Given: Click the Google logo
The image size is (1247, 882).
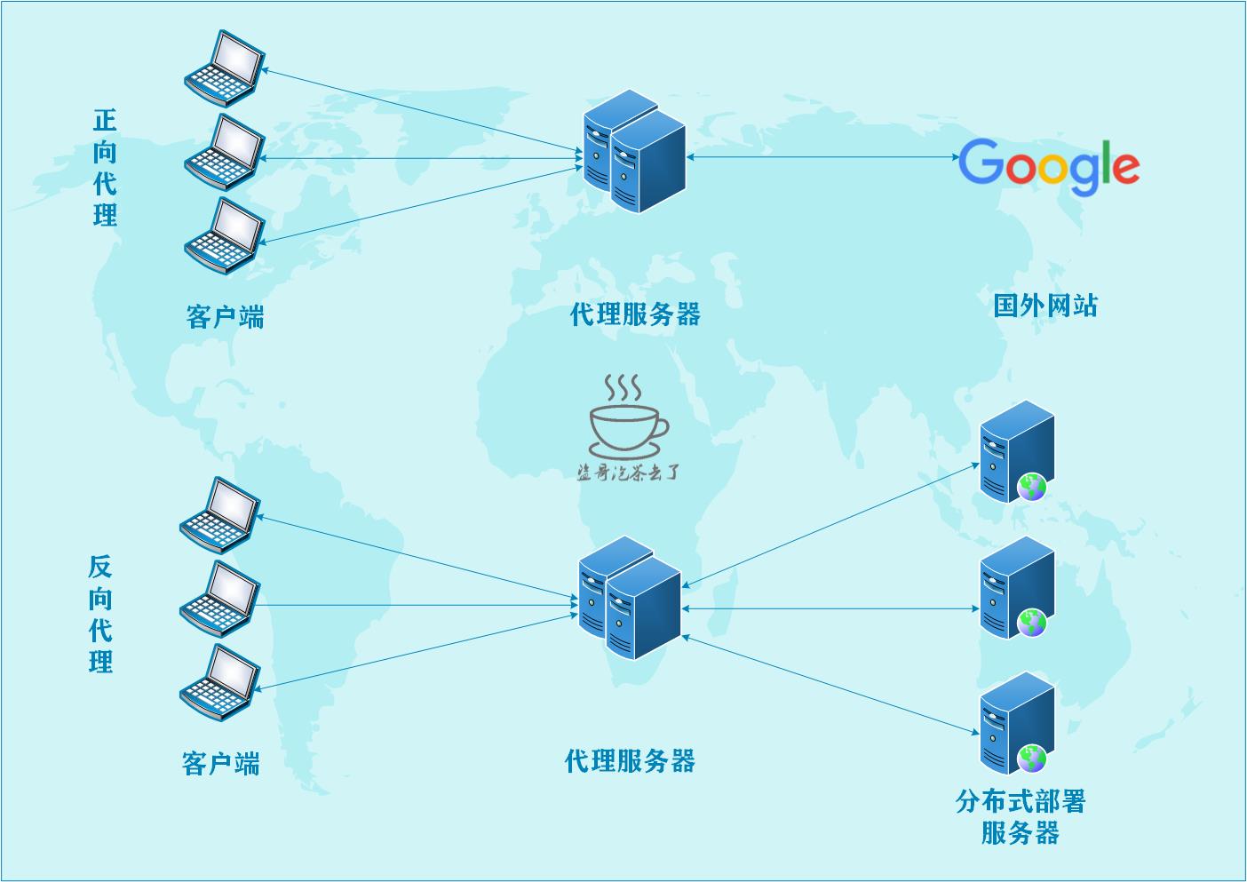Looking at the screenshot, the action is (x=1048, y=166).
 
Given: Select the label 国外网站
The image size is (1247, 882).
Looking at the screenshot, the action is (x=1045, y=306).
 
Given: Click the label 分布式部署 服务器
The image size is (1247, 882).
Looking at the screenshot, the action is (x=1021, y=817).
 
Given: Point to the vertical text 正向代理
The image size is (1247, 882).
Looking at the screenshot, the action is (x=105, y=168).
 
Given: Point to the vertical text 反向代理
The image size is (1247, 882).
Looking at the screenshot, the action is (x=100, y=615).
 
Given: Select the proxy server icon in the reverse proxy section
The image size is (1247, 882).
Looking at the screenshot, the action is (x=630, y=598).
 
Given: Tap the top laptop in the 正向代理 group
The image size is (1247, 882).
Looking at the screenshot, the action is (x=225, y=68).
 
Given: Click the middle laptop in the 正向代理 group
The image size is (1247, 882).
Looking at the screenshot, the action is (x=225, y=152).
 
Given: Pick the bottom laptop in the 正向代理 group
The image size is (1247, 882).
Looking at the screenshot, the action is (x=225, y=234).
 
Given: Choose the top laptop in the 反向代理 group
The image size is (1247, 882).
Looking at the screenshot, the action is (x=220, y=515).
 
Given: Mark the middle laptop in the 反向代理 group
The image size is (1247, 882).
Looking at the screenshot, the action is (x=220, y=599).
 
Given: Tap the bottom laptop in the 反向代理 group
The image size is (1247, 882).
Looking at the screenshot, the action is (x=220, y=682).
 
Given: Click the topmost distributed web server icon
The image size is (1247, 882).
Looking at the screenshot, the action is (x=1017, y=451).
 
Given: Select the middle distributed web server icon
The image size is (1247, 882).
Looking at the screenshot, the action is (x=1017, y=587).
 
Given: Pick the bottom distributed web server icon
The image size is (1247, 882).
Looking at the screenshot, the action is (x=1017, y=723).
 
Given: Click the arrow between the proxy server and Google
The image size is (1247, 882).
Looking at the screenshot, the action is (x=822, y=157).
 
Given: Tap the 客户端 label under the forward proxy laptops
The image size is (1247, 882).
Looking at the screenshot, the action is (x=225, y=316).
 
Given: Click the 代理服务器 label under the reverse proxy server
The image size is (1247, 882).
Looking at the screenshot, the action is (x=630, y=761).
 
